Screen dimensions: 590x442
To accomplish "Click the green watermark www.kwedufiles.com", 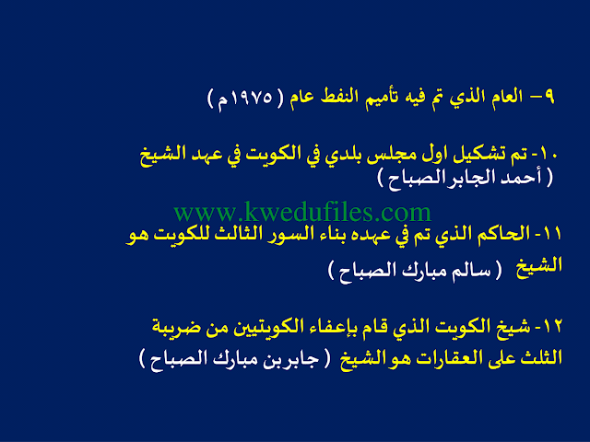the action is coord(302,213).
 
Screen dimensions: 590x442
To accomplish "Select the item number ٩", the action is coord(549,97).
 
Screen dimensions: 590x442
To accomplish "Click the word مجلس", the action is coord(386,155).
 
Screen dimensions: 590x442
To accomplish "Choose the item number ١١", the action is coord(553,234).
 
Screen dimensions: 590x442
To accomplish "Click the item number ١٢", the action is coord(552,326).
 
